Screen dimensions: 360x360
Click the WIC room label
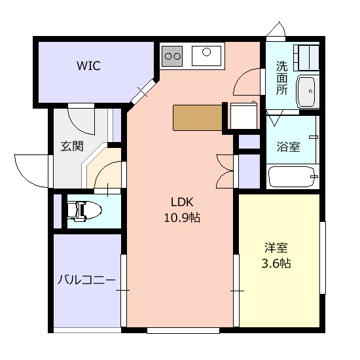pyautogui.click(x=88, y=65)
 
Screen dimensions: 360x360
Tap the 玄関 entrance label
pyautogui.click(x=72, y=146)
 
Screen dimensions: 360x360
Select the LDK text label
pyautogui.click(x=182, y=202)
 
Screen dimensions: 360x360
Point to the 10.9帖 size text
pyautogui.click(x=182, y=217)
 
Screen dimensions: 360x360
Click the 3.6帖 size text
pyautogui.click(x=276, y=263)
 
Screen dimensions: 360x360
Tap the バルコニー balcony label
pyautogui.click(x=86, y=280)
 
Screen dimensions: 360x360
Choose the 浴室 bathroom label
pyautogui.click(x=289, y=147)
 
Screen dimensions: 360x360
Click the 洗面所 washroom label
pyautogui.click(x=281, y=78)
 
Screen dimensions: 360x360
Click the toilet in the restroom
pyautogui.click(x=84, y=211)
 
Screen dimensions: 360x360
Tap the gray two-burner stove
pyautogui.click(x=172, y=56)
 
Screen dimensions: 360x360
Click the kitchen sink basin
pyautogui.click(x=206, y=56)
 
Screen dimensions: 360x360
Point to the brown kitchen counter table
pyautogui.click(x=198, y=118)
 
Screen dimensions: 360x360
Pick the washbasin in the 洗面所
pyautogui.click(x=307, y=92)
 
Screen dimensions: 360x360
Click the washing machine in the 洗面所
pyautogui.click(x=306, y=58)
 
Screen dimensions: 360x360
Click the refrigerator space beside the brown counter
pyautogui.click(x=244, y=116)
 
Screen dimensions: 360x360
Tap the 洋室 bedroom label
pyautogui.click(x=276, y=247)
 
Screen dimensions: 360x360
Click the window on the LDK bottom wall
pyautogui.click(x=183, y=331)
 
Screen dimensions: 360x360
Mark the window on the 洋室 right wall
pyautogui.click(x=323, y=258)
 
